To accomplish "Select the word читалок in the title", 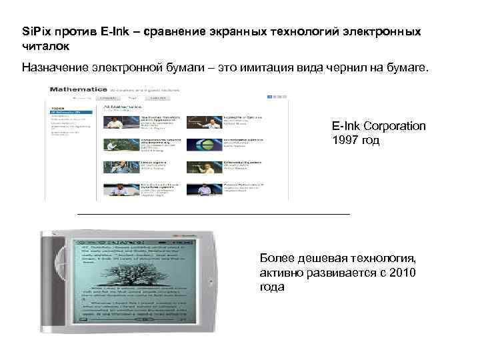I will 45,47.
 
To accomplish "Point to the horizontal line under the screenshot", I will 213,214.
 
